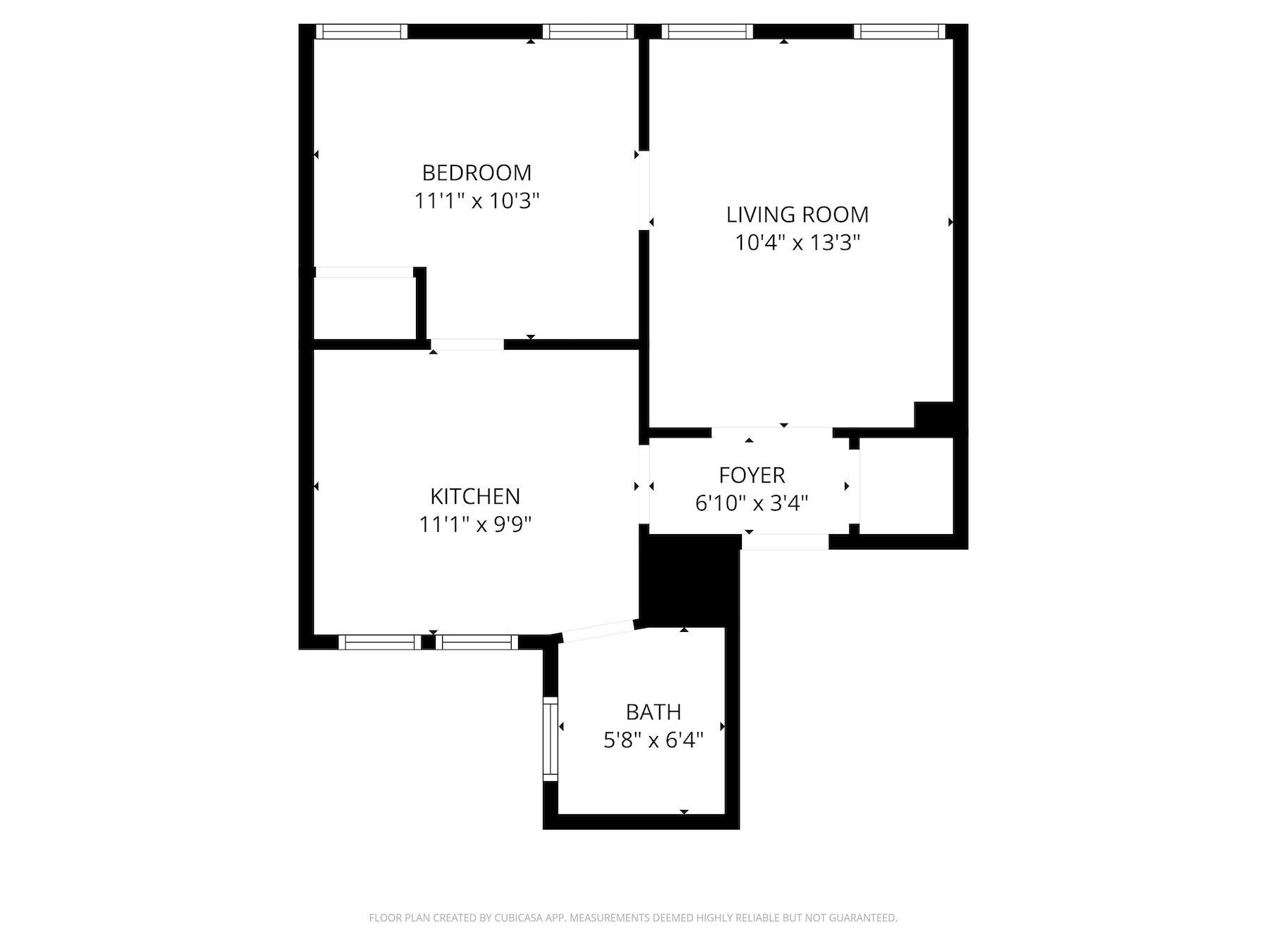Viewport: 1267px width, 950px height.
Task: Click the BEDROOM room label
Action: coord(477,172)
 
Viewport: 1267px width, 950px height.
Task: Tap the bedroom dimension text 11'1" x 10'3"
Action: coord(477,201)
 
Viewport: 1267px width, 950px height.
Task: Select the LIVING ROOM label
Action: coord(798,214)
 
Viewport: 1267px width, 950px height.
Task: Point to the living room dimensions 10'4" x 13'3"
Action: coord(798,243)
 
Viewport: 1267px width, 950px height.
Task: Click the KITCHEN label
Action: coord(475,496)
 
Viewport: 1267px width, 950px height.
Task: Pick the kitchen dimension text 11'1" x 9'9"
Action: coord(475,524)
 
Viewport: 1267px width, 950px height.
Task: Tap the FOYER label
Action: coord(752,475)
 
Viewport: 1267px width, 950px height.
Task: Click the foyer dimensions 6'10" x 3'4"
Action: coord(752,503)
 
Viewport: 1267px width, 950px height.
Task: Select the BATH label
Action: coord(653,712)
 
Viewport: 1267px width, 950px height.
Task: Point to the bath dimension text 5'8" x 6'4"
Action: coord(653,740)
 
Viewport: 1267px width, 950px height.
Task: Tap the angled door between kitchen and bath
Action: coord(598,631)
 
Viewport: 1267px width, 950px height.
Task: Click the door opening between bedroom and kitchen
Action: coord(467,344)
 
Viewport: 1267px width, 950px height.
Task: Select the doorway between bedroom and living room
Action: coord(643,190)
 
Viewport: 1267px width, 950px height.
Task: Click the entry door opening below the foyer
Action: coord(786,542)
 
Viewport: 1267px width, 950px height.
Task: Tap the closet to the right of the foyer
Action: coord(905,486)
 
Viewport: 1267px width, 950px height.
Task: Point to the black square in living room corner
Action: coord(933,414)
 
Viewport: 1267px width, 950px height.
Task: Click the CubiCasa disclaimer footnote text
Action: coord(633,918)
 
